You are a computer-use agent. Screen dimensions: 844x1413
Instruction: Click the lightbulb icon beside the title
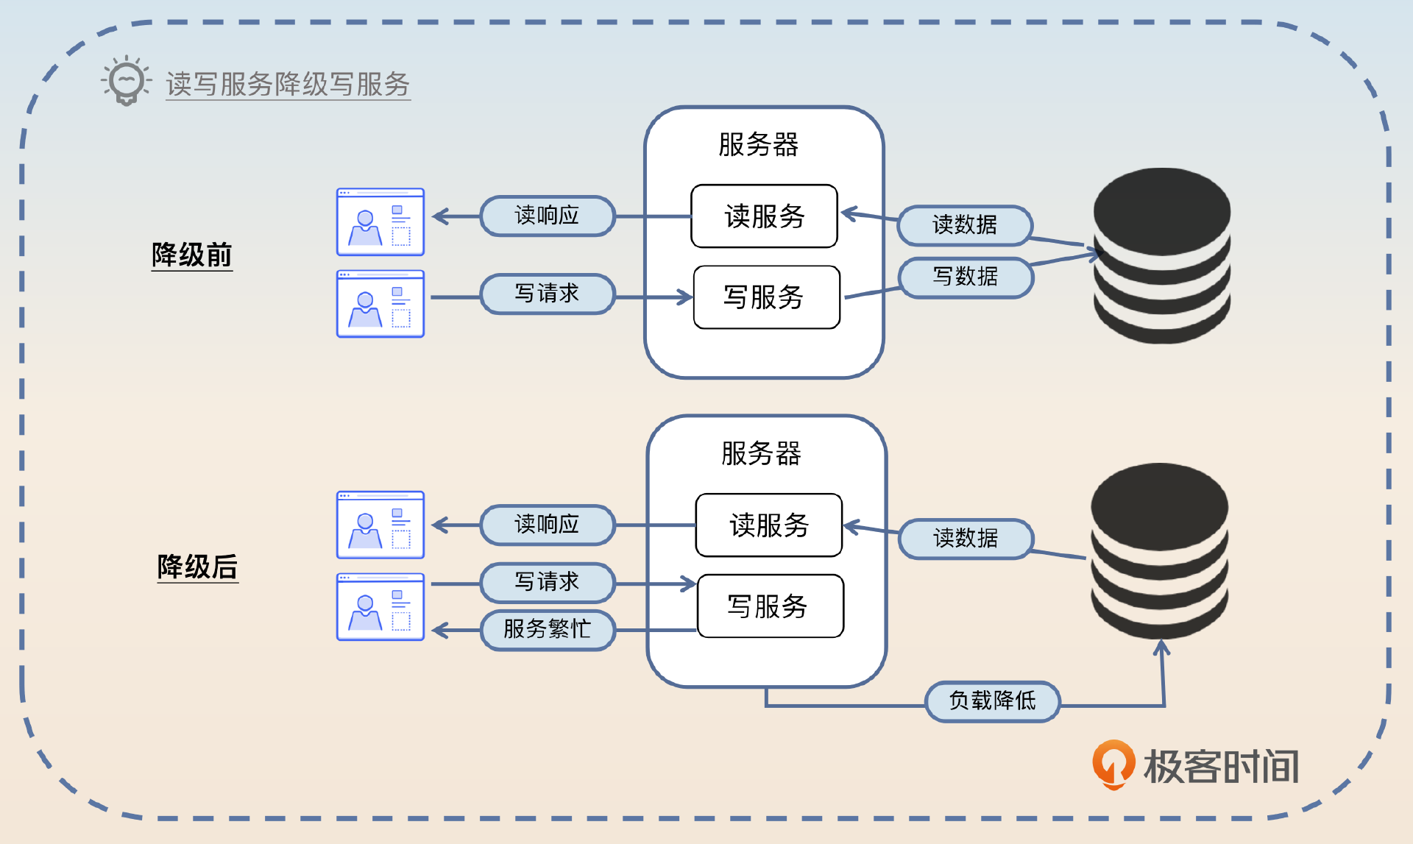pos(126,80)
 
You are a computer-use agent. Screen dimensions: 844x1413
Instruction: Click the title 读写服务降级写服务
pos(288,84)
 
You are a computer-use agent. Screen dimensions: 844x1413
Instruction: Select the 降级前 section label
pos(191,255)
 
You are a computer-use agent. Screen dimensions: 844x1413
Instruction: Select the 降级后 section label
pos(197,567)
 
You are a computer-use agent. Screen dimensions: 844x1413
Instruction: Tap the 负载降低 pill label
pos(992,701)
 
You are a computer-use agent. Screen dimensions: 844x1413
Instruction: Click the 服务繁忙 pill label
pos(547,629)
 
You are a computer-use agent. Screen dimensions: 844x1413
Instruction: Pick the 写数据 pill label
pos(965,277)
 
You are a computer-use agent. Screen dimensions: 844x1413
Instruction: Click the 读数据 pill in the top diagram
pos(964,224)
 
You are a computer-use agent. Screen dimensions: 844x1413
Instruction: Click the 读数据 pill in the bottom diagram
pos(965,538)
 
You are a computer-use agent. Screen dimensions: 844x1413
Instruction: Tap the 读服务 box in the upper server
pos(764,216)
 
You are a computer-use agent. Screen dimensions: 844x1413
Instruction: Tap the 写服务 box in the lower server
pos(769,606)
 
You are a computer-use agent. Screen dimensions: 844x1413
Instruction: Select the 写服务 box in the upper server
pos(765,297)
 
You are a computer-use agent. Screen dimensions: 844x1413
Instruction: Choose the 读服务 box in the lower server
pos(768,525)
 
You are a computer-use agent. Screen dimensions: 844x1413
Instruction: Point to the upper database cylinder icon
pos(1161,255)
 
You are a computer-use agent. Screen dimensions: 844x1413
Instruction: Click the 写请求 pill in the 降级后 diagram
pos(547,582)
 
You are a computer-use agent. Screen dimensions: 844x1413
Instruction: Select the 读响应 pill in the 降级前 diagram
pos(547,216)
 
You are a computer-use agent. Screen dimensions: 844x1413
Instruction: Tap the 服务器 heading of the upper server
pos(758,144)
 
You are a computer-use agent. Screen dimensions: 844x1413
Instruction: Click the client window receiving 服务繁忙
pos(380,607)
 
